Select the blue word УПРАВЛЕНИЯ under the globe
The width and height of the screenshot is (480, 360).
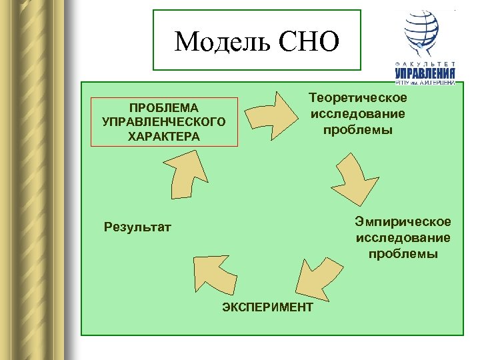click(425, 73)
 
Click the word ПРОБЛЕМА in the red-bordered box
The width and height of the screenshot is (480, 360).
click(164, 107)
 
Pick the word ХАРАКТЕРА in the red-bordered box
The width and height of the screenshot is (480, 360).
click(164, 136)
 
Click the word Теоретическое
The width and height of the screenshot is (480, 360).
click(358, 99)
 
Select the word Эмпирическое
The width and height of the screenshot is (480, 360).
click(403, 222)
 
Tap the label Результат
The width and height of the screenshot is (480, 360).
click(138, 227)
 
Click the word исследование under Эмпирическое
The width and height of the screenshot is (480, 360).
click(403, 238)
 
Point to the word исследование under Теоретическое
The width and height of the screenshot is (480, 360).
click(358, 114)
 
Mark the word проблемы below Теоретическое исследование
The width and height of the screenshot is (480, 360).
click(358, 129)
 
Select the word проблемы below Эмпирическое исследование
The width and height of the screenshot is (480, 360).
click(403, 253)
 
